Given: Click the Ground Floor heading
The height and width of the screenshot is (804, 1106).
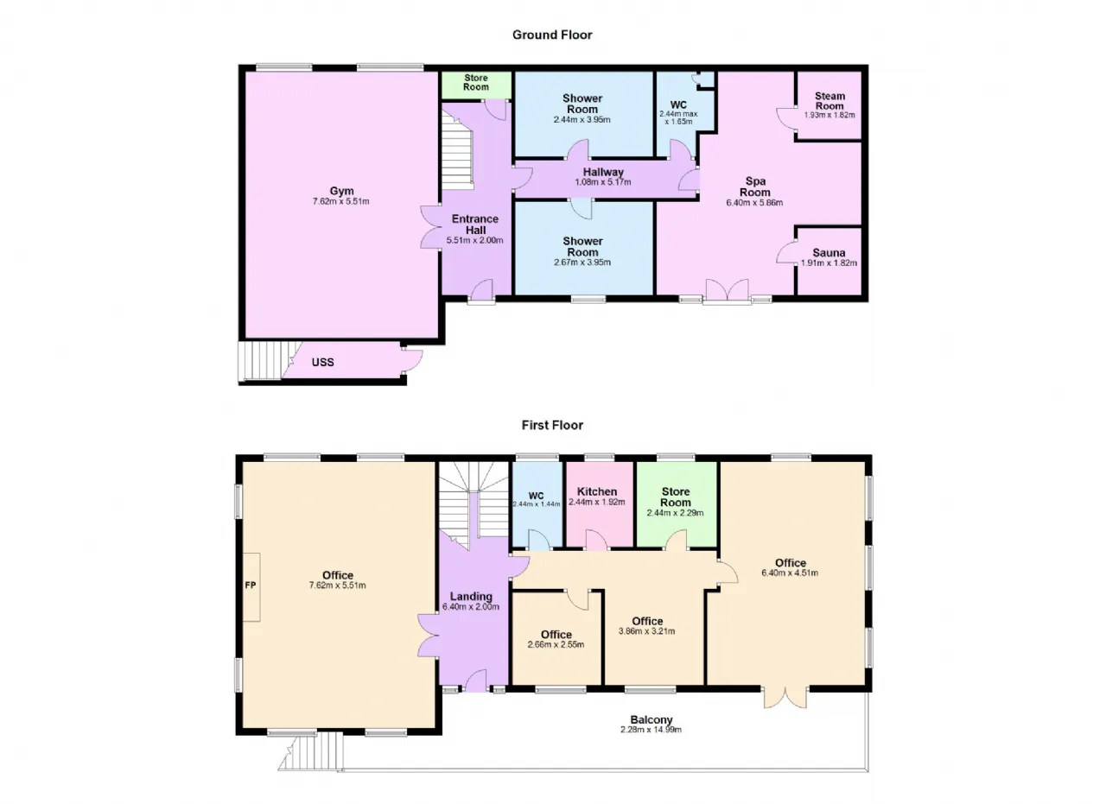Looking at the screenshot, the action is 552,35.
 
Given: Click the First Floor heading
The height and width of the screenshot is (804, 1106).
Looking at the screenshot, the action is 552,425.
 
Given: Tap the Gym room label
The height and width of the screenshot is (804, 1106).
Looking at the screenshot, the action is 341,191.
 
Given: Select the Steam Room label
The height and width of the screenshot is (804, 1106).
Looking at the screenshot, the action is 829,101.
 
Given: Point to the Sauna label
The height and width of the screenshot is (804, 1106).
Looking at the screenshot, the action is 829,253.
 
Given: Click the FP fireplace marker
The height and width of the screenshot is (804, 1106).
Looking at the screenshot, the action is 251,585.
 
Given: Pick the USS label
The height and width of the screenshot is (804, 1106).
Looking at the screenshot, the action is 323,362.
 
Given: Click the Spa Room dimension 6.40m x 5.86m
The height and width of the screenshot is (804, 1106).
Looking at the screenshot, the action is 754,202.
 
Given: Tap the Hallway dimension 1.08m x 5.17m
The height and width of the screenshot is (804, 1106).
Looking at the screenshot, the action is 603,181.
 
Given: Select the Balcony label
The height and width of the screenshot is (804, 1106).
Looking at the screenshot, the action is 652,719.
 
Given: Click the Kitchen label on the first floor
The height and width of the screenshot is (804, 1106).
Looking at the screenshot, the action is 597,491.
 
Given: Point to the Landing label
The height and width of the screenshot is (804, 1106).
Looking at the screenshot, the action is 471,596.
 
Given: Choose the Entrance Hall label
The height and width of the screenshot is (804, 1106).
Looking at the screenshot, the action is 475,225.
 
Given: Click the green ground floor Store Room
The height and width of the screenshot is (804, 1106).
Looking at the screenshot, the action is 476,85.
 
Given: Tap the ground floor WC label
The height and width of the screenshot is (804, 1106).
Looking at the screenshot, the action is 678,104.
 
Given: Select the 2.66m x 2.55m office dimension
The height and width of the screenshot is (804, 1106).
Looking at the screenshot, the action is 556,644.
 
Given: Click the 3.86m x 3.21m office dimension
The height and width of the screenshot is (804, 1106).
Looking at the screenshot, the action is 647,631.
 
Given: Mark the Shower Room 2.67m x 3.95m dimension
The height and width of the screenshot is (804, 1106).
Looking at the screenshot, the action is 582,262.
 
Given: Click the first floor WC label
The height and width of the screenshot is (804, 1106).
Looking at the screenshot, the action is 537,496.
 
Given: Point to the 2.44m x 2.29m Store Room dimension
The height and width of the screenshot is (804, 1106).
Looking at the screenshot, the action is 676,513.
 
